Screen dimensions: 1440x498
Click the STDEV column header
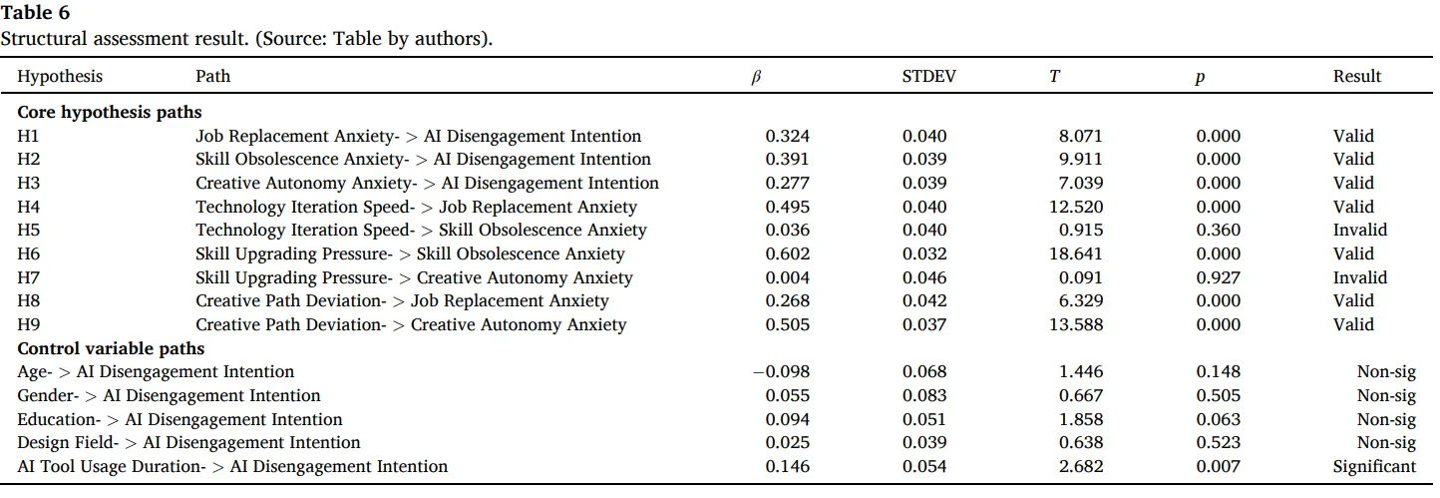[x=928, y=76]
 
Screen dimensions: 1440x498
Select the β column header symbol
[x=756, y=77]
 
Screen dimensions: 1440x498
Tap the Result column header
[x=1356, y=76]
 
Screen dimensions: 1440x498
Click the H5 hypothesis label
[x=28, y=230]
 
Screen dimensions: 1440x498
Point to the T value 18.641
[x=1075, y=253]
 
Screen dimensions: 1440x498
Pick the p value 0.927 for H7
[x=1219, y=277]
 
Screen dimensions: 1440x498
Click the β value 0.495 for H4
[x=788, y=207]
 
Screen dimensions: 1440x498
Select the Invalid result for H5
[x=1359, y=230]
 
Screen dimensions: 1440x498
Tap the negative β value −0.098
[x=781, y=371]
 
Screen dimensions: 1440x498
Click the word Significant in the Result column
[x=1374, y=466]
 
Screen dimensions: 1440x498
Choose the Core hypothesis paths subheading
[x=110, y=112]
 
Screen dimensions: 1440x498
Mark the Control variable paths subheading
[x=111, y=348]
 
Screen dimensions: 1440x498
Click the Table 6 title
[x=35, y=12]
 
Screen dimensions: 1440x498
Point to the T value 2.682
[x=1081, y=466]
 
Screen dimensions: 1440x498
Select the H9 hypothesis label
[x=28, y=324]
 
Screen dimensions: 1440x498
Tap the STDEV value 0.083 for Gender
[x=924, y=395]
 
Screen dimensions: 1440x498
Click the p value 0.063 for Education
[x=1219, y=419]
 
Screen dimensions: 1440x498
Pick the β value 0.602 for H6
[x=788, y=253]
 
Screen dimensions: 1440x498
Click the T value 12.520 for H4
[x=1075, y=207]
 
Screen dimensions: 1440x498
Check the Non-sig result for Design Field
[x=1386, y=443]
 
